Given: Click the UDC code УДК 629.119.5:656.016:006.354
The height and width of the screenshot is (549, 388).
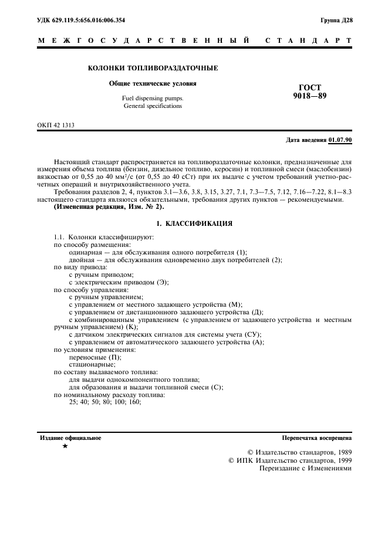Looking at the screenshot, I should (81, 20).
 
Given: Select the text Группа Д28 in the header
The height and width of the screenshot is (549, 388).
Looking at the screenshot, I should (336, 20).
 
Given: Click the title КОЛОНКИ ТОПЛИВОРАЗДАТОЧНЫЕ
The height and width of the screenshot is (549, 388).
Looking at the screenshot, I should (153, 69).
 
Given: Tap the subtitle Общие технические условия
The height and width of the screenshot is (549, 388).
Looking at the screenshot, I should (153, 84).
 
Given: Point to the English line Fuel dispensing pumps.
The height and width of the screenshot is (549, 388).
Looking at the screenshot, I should (153, 98).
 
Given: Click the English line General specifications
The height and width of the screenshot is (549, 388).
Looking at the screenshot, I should (153, 106).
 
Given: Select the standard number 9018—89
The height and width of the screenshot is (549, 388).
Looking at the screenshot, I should (309, 96).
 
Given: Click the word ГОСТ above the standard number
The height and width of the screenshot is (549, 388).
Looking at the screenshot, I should (310, 87).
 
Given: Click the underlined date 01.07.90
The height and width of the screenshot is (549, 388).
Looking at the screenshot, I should (340, 140).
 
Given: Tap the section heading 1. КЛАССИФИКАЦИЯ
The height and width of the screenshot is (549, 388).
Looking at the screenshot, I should (194, 223).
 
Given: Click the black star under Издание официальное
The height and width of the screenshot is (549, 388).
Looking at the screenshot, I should (65, 447).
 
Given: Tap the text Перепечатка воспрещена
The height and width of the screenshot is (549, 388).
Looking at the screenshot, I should (317, 438).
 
